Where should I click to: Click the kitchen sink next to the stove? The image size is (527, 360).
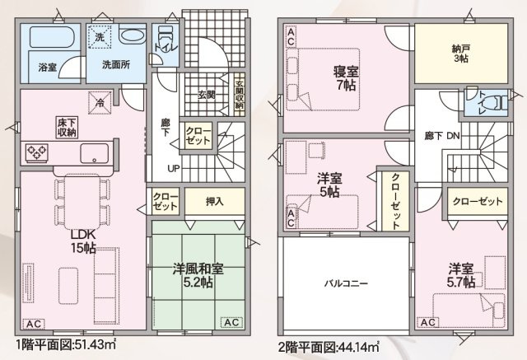[x=91, y=153]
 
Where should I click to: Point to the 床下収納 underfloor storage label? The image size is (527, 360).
[x=67, y=128]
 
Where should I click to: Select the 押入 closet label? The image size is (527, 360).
[x=213, y=200]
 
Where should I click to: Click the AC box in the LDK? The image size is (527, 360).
[x=36, y=323]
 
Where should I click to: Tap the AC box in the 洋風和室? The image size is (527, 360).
[x=231, y=321]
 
